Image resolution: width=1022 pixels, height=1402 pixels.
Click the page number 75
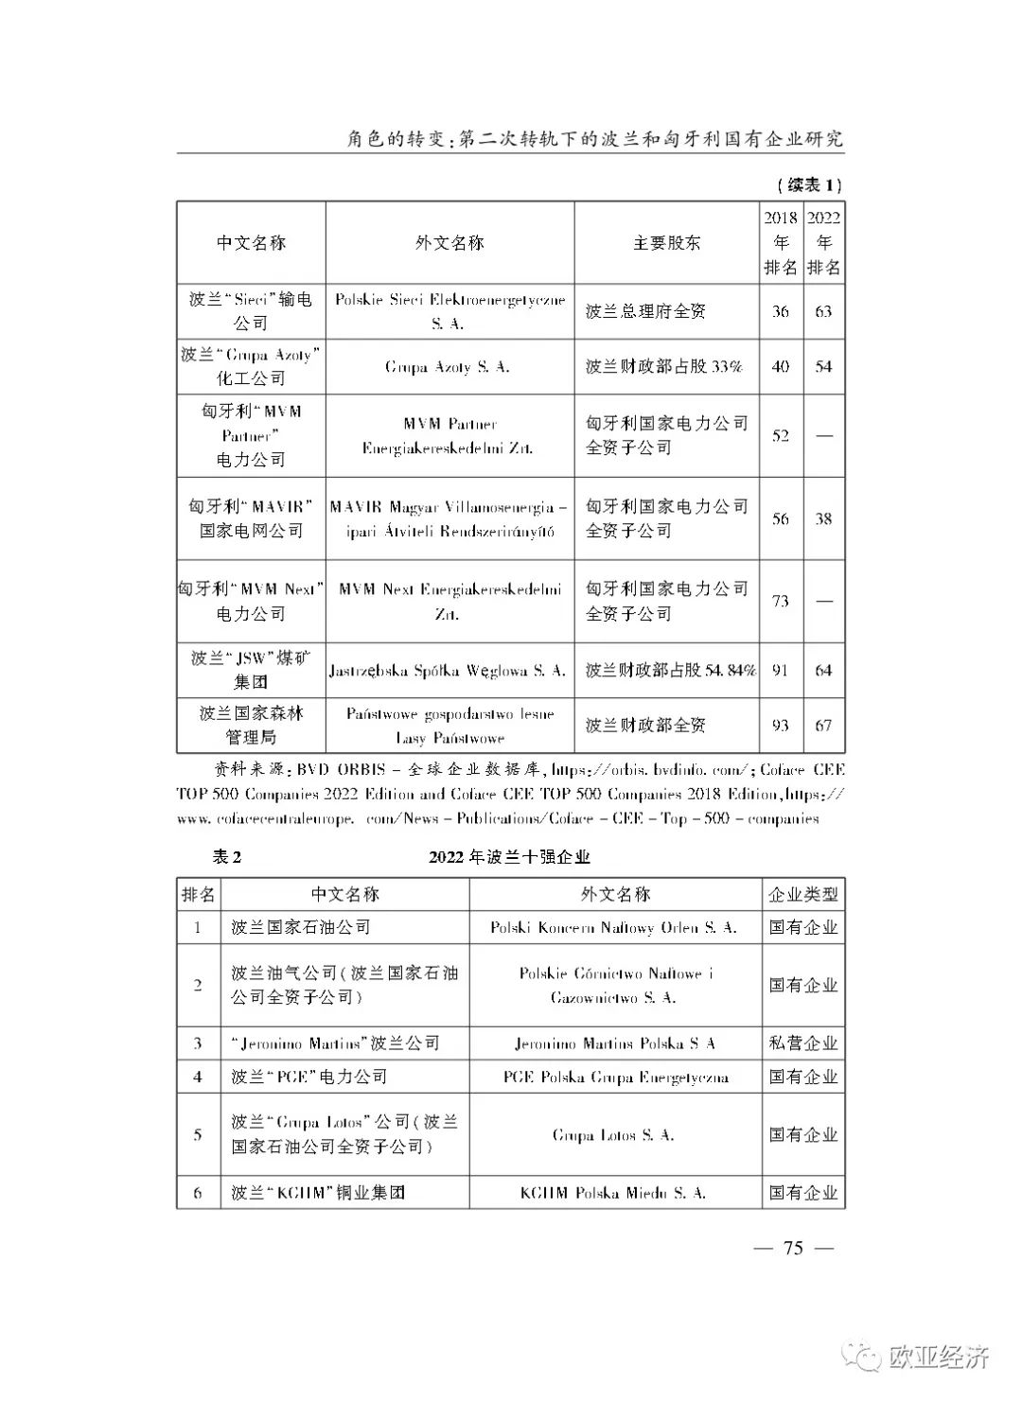[793, 1248]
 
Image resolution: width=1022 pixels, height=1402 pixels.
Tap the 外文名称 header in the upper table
[449, 243]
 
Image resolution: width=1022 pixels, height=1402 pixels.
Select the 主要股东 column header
[666, 243]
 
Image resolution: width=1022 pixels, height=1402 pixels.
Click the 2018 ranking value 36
[781, 311]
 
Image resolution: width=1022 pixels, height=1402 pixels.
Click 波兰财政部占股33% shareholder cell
[663, 367]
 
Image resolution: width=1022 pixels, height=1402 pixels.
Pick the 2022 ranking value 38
[823, 518]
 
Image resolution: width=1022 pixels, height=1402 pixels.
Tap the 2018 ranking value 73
[781, 601]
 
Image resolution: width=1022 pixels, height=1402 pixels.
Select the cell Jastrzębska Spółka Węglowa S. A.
[448, 671]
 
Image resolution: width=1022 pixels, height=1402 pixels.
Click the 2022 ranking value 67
[823, 726]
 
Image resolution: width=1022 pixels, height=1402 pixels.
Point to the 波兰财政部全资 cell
[645, 726]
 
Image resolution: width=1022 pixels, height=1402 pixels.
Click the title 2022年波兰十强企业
[509, 857]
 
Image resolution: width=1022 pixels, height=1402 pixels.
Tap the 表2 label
[227, 857]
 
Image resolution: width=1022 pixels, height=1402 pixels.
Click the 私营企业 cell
[803, 1043]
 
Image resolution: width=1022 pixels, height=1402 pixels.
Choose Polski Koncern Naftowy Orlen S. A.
[613, 928]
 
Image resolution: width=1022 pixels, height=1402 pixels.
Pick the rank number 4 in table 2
[198, 1077]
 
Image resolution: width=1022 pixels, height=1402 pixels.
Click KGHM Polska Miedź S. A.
[613, 1193]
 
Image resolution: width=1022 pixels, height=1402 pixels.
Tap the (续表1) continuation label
[808, 184]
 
